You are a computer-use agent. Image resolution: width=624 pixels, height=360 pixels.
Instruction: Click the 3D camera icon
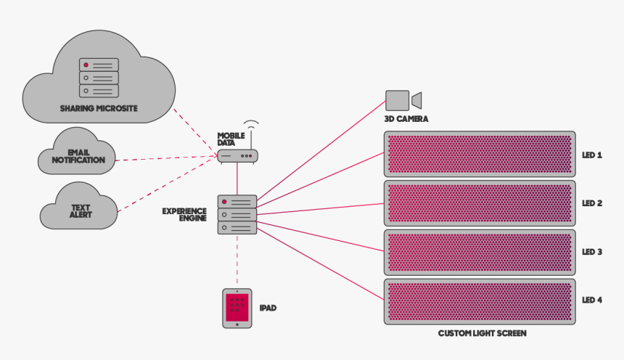[403, 100]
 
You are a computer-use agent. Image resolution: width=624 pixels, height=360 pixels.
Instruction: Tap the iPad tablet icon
[237, 308]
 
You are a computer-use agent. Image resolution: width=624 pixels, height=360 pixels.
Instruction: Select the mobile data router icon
[237, 155]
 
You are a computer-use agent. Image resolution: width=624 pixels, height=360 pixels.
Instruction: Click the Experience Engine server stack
[237, 214]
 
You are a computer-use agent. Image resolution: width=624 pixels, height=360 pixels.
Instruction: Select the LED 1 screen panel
[479, 154]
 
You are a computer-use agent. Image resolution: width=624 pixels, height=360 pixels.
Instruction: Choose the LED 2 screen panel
[479, 203]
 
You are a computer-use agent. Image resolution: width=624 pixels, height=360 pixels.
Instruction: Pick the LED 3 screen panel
[479, 252]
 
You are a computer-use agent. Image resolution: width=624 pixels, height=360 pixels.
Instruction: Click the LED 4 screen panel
[479, 300]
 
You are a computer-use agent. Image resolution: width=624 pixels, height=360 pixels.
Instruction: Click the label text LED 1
[592, 155]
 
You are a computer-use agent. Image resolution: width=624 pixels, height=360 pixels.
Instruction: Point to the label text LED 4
[592, 300]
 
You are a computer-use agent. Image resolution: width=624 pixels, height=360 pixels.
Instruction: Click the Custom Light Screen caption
[482, 333]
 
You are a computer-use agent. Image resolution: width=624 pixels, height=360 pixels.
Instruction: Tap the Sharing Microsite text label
[99, 108]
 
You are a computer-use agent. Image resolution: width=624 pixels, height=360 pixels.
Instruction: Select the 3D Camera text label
[406, 118]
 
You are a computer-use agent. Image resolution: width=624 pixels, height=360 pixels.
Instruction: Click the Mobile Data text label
[231, 139]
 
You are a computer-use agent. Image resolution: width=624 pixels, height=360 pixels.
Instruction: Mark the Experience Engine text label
[184, 214]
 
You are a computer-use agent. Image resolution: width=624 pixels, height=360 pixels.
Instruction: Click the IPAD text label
[268, 308]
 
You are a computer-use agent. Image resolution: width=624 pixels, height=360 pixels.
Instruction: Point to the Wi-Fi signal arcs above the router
[251, 124]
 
